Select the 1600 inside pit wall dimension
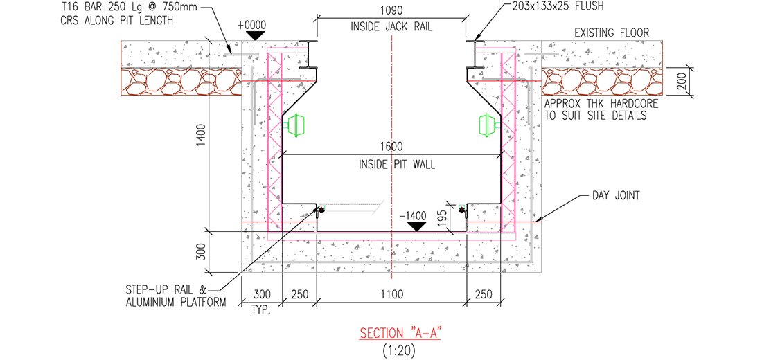click(x=391, y=147)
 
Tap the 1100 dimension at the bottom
click(x=391, y=294)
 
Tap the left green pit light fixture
click(x=296, y=125)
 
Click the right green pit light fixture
click(x=488, y=125)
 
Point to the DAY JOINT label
click(x=615, y=197)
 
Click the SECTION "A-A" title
click(x=400, y=333)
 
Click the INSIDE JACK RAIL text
click(x=391, y=28)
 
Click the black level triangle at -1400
click(x=416, y=226)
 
